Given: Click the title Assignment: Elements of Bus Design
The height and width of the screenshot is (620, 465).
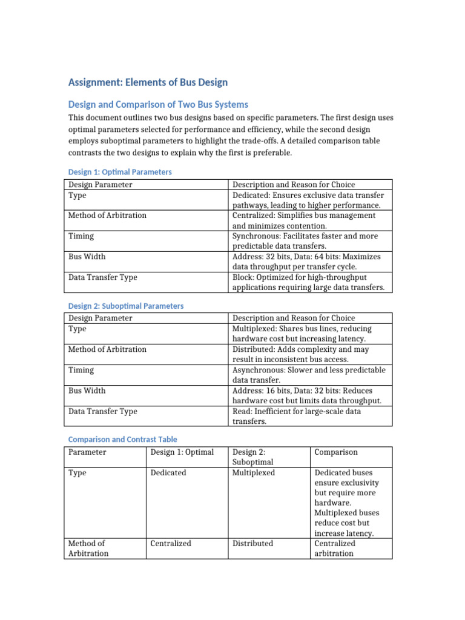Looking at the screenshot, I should [148, 82].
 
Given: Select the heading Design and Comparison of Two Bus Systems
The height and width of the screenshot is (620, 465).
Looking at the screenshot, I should [158, 104].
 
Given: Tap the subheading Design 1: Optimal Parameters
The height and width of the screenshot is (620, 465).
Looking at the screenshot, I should [120, 172].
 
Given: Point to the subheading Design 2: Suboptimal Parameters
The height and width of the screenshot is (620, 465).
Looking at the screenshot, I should [125, 306].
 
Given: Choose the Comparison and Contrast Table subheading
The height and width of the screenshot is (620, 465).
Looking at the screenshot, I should [122, 439].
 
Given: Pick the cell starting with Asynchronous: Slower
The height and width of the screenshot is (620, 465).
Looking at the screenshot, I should [309, 375].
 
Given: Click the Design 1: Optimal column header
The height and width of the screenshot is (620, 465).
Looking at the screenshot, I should [182, 452].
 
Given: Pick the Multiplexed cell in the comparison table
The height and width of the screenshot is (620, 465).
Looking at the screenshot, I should [253, 473].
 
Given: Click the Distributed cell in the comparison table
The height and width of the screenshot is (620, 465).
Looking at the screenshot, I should [252, 543].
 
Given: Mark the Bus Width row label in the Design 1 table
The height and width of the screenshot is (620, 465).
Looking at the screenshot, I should [87, 257].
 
